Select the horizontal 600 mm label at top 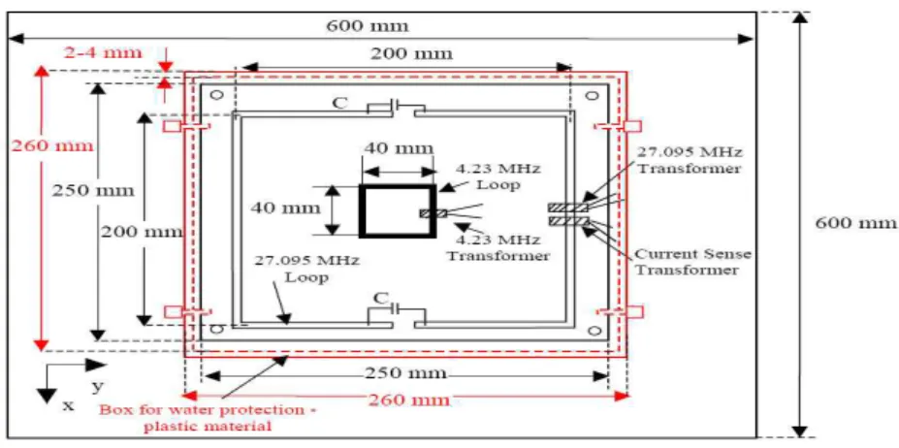[x=368, y=26]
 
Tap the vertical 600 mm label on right [x=856, y=223]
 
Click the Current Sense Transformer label [x=692, y=261]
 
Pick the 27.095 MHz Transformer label [x=690, y=161]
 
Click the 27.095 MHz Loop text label [x=307, y=269]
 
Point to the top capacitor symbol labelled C [x=396, y=106]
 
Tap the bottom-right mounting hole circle [x=594, y=330]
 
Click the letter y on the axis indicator [x=98, y=387]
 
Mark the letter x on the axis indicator [x=68, y=405]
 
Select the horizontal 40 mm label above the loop [x=398, y=148]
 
